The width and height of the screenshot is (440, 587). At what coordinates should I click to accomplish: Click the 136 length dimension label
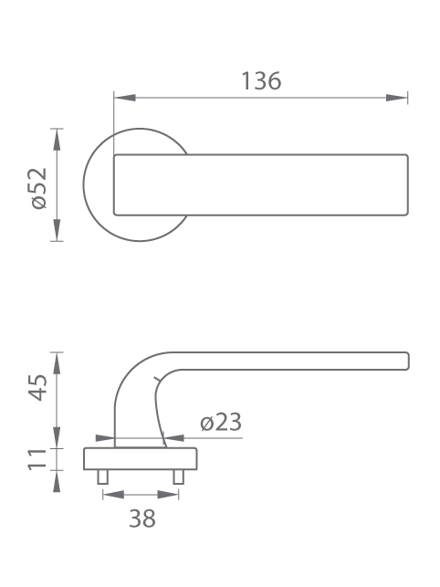point(261,81)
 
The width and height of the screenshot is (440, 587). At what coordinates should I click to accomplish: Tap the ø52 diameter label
point(39,188)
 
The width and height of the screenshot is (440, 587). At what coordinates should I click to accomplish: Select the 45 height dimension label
point(38,387)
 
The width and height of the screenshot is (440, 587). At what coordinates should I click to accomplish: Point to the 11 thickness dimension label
point(38,459)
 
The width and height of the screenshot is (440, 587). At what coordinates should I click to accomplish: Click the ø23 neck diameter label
point(221,423)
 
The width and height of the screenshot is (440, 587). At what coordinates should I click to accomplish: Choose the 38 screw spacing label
point(142,519)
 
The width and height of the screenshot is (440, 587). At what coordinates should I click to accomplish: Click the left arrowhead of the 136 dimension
point(125,98)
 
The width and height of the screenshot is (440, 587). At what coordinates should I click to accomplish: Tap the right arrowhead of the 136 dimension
point(396,98)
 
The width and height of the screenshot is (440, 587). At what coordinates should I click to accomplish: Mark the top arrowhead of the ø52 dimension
point(57,140)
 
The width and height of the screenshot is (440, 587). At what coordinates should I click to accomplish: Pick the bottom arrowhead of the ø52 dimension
point(57,230)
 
